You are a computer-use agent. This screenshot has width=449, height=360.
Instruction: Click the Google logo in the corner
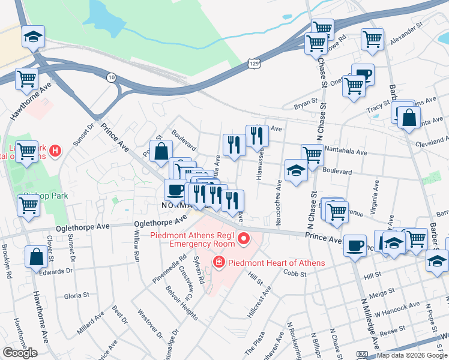20,353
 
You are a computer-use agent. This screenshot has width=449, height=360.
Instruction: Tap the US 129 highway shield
254,62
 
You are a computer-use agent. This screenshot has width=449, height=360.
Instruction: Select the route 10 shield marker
111,77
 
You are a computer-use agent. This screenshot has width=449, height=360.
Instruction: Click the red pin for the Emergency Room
244,240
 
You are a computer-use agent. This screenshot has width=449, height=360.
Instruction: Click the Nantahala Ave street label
345,152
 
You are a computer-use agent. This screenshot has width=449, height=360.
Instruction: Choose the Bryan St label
305,106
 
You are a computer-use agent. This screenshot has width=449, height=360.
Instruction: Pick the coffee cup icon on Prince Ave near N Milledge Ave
355,245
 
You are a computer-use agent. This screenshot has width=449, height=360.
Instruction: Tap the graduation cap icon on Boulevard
296,171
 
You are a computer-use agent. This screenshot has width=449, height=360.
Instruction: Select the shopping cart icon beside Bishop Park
28,205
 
